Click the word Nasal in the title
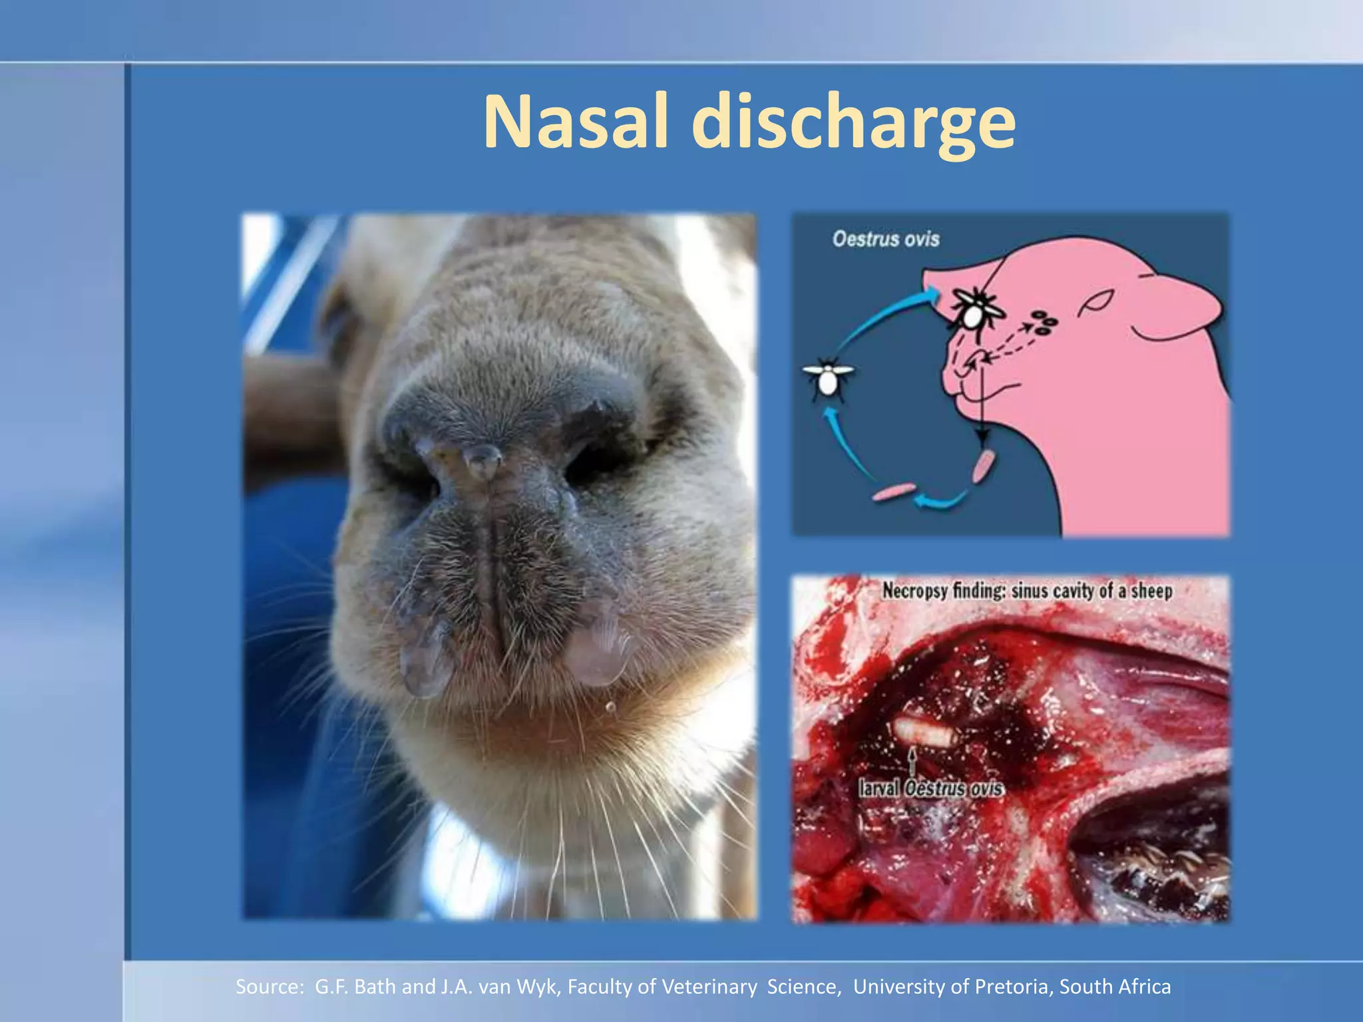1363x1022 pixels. click(575, 124)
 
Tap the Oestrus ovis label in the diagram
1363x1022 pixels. click(886, 239)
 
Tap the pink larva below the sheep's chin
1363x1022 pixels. click(983, 466)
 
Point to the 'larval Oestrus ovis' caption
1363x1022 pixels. click(931, 788)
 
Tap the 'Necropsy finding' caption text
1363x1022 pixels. click(1027, 591)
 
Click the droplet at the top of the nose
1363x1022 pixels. click(483, 460)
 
